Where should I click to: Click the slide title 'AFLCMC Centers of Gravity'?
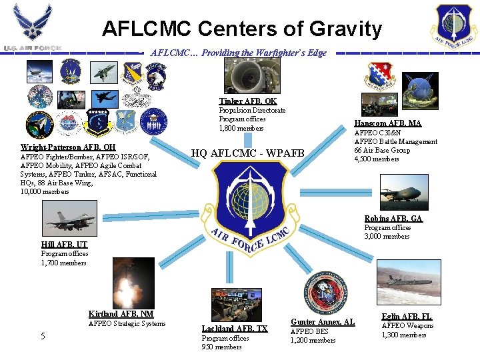(241, 29)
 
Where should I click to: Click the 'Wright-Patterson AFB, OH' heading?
(68, 147)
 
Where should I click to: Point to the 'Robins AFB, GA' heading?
(393, 219)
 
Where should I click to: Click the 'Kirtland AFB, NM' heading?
(121, 314)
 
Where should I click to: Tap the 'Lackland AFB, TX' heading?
(235, 329)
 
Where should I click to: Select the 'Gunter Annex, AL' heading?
(323, 322)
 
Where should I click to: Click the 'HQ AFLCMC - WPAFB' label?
(248, 153)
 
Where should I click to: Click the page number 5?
(43, 337)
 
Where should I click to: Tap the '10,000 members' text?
(45, 191)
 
